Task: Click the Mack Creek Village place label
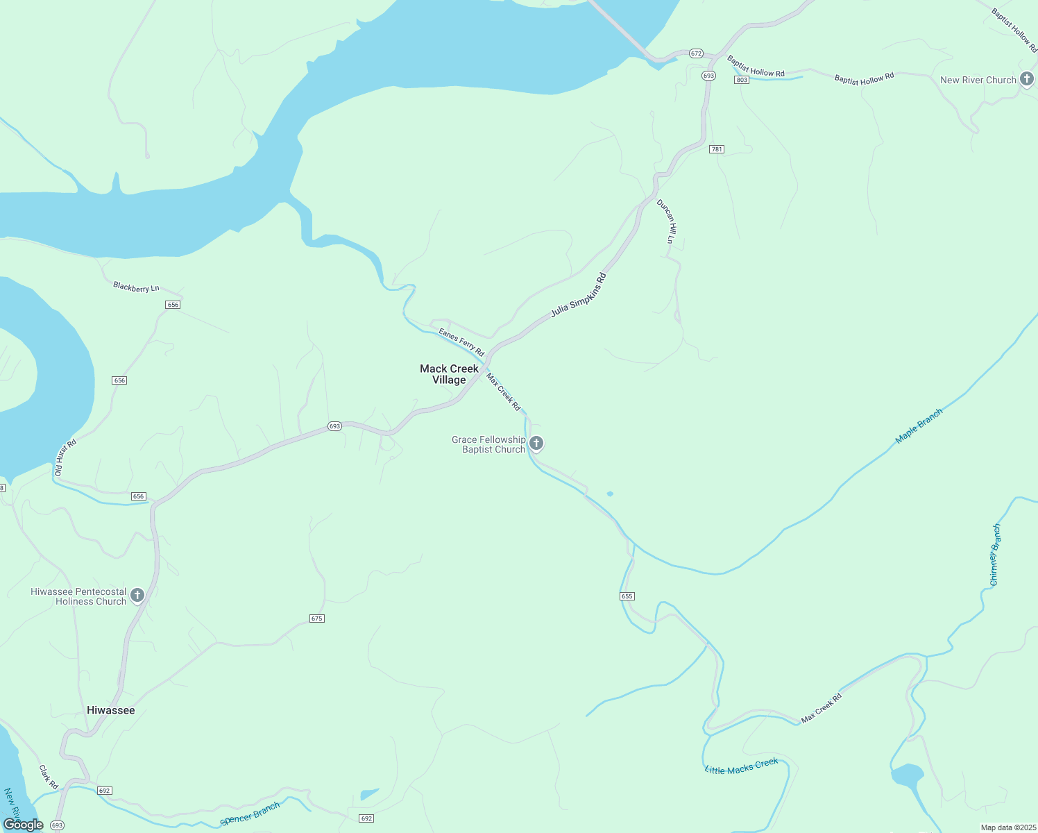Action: coord(449,374)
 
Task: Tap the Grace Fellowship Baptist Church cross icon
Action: coord(536,443)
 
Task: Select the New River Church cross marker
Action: coord(1027,79)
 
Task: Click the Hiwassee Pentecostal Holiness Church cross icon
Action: coord(137,596)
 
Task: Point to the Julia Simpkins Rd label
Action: coord(579,295)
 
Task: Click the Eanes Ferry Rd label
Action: coord(461,342)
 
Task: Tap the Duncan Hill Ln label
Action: coord(667,221)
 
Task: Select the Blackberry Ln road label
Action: coord(136,287)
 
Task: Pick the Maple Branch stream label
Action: coord(919,426)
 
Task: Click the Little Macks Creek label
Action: coord(741,766)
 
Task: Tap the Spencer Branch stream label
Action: coord(250,814)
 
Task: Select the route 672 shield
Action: coord(697,53)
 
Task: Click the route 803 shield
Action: coord(742,80)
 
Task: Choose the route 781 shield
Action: coord(717,149)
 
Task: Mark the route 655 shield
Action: coord(627,596)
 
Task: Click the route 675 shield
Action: coord(317,619)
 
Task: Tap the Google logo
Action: coord(24,825)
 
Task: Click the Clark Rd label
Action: coord(49,777)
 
